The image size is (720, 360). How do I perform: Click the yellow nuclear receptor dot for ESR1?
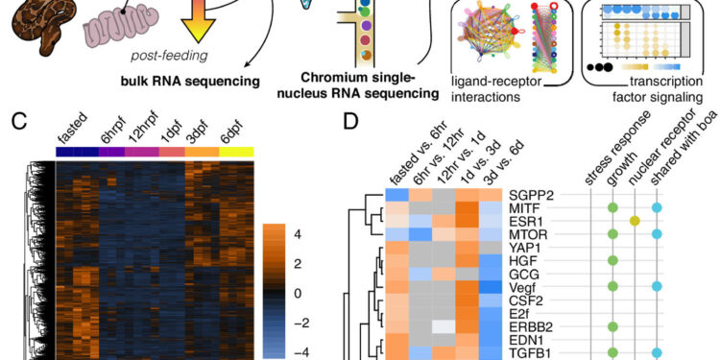point(634,220)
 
